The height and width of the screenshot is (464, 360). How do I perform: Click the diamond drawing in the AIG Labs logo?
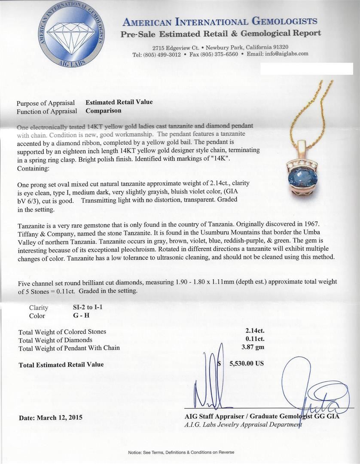[71, 33]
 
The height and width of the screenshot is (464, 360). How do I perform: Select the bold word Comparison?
[103, 111]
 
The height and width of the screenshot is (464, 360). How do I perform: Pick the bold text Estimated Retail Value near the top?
[119, 102]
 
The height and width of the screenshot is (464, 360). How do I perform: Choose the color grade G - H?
[82, 316]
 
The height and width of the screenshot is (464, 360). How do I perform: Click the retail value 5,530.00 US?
[246, 363]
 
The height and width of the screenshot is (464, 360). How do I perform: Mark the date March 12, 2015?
[51, 417]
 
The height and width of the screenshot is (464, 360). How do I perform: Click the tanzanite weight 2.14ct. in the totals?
[251, 332]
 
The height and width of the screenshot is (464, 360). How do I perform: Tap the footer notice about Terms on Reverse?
[180, 452]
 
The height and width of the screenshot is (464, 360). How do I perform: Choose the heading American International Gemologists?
[220, 22]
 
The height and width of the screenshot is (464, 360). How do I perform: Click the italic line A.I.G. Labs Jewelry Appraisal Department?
[243, 424]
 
